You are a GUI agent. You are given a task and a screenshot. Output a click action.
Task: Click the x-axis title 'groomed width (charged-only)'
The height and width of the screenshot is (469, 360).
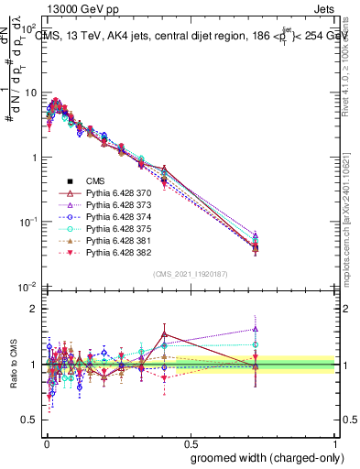(x=265, y=456)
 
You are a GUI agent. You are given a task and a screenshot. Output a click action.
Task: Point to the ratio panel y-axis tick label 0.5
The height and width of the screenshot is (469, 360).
(x=27, y=420)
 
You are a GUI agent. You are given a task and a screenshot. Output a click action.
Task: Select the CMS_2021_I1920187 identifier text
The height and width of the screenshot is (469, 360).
(x=190, y=273)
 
